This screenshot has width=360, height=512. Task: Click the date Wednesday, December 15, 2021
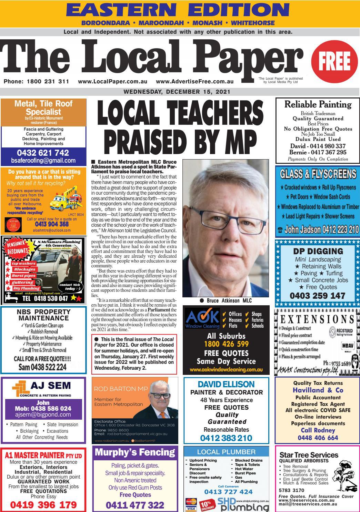tap(177, 92)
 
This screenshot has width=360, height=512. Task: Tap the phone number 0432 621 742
tap(43, 153)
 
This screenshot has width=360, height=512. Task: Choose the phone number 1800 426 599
tap(226, 344)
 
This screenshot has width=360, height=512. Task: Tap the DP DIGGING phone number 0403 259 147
tap(317, 296)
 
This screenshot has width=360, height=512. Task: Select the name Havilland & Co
tap(318, 390)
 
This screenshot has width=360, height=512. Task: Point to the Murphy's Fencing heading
tap(135, 452)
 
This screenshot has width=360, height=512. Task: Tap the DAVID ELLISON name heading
tap(226, 384)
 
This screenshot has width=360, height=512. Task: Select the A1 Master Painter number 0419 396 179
tap(43, 505)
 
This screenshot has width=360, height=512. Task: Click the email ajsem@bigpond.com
tap(43, 414)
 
